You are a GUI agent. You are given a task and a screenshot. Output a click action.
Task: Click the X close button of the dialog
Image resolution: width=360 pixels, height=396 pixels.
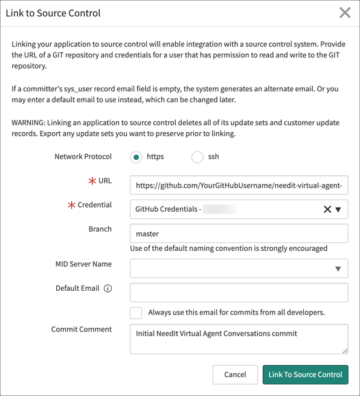click(345, 13)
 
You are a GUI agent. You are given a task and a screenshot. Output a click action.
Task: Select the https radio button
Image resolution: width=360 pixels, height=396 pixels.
click(137, 157)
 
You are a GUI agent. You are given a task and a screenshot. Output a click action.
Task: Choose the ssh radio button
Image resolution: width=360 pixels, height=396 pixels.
click(198, 157)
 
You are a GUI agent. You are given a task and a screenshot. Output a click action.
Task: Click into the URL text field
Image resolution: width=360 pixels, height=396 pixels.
click(239, 185)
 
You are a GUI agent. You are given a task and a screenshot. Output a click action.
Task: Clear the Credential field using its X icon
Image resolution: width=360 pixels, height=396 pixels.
click(327, 209)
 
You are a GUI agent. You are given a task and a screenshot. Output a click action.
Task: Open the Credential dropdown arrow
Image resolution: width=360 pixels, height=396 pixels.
click(338, 209)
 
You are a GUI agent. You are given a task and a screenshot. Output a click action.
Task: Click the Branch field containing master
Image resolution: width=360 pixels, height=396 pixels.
click(239, 233)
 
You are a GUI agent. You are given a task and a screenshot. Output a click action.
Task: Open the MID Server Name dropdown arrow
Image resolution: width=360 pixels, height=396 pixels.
click(338, 268)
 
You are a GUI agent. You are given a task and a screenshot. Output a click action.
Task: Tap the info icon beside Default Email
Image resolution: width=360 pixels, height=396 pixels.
click(108, 288)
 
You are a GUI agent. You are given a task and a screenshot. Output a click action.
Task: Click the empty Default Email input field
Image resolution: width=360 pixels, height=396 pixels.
click(239, 293)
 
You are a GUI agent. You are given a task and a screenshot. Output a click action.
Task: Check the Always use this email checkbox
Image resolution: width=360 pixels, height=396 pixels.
click(137, 313)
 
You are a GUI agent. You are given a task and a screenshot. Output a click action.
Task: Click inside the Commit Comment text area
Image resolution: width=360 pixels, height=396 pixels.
click(239, 339)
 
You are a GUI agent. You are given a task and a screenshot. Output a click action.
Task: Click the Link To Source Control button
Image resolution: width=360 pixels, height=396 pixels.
click(305, 374)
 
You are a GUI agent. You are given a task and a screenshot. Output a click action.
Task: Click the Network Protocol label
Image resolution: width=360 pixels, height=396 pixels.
click(83, 157)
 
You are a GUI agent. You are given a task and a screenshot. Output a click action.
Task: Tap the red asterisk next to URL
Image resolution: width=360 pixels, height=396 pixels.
click(92, 181)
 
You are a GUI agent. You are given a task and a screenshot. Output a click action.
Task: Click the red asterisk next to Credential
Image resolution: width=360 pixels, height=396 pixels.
click(71, 206)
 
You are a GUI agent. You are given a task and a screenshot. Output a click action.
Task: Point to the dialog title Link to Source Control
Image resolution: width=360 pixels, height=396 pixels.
click(53, 13)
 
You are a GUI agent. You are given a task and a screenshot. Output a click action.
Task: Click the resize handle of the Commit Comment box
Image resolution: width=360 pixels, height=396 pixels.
click(345, 350)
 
